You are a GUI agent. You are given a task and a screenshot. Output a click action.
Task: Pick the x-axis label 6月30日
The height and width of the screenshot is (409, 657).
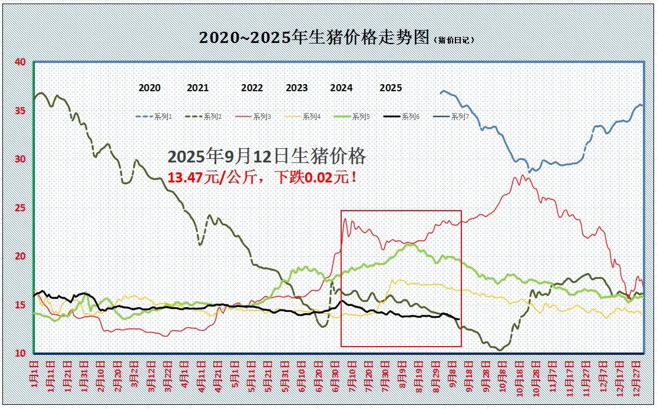(x=335, y=375)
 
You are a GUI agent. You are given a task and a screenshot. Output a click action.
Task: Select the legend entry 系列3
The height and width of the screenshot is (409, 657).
(x=262, y=117)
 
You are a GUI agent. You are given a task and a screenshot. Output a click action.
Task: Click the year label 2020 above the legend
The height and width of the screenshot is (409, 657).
(x=150, y=88)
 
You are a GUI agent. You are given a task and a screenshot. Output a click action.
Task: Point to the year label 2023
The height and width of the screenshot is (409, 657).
(x=296, y=88)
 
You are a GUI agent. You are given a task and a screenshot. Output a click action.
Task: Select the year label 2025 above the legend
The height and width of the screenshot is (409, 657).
(x=391, y=88)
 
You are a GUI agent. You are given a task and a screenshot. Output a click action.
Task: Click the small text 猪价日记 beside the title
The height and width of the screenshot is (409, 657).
(x=454, y=40)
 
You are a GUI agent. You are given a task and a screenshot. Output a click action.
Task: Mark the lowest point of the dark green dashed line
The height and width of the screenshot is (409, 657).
(x=500, y=350)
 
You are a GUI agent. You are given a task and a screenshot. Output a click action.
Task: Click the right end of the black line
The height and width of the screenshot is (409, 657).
(x=458, y=320)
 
